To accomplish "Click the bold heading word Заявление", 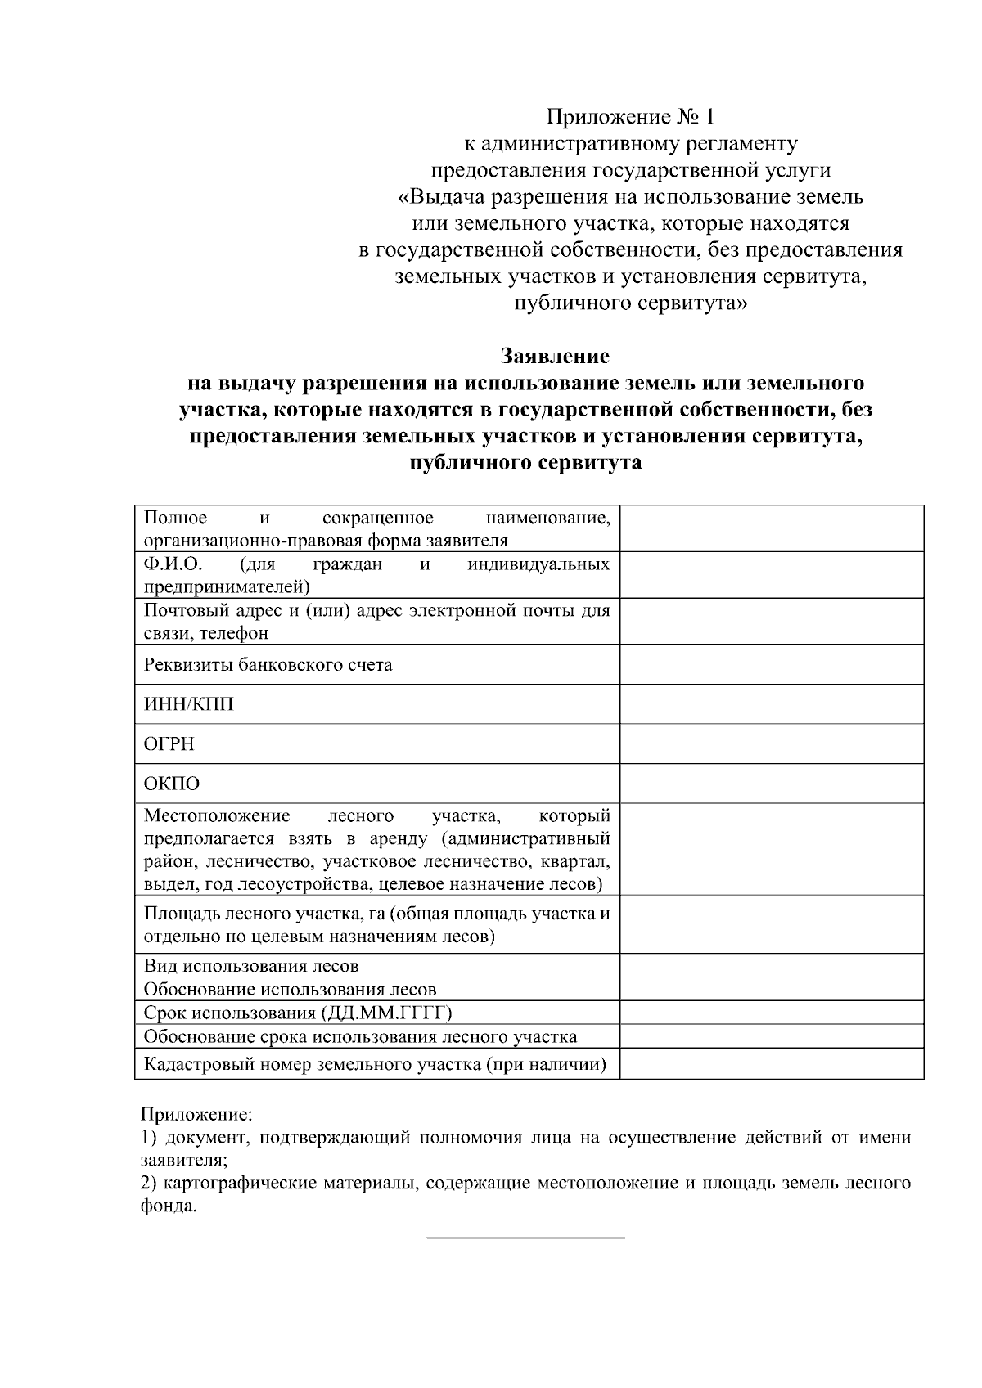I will click(x=555, y=357).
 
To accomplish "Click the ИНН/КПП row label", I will click(x=189, y=704).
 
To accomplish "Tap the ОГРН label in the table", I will click(x=169, y=744).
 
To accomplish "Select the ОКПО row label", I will click(x=172, y=784).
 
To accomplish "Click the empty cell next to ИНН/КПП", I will click(x=771, y=704).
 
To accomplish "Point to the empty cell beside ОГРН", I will click(x=771, y=744).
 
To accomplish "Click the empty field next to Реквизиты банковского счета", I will click(x=771, y=664).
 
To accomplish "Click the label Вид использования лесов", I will click(x=251, y=966).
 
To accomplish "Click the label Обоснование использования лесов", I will click(x=290, y=990).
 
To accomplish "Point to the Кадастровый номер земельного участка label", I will click(x=375, y=1064).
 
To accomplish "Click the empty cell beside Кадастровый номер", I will click(x=771, y=1064).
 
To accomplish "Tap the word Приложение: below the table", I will click(x=197, y=1114).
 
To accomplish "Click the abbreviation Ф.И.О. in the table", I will click(x=173, y=564).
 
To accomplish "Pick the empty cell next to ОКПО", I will click(x=771, y=784).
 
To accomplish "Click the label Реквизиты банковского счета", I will click(x=268, y=665).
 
